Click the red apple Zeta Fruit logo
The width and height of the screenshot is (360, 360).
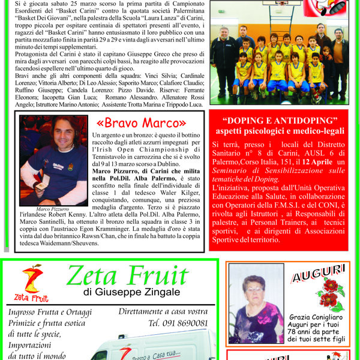pos(32,278)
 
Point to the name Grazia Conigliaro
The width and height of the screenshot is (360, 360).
pos(316,316)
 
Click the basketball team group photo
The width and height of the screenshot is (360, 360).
pos(279,64)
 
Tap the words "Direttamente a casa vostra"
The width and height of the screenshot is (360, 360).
pos(163,311)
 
